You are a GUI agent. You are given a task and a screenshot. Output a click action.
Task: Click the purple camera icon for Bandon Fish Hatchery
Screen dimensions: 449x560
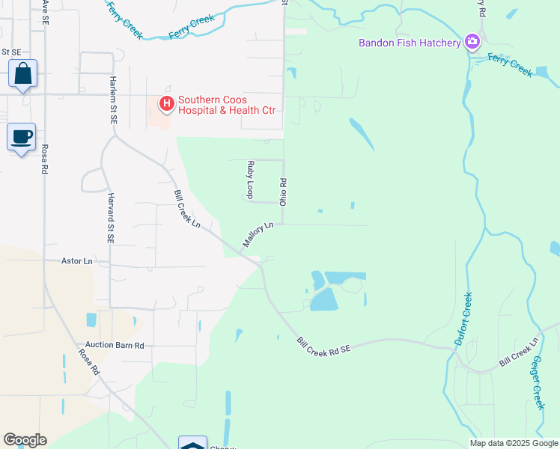pyautogui.click(x=472, y=42)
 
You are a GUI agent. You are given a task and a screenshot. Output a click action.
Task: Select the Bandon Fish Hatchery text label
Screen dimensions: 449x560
pyautogui.click(x=410, y=43)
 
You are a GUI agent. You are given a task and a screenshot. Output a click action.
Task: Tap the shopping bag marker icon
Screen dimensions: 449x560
pyautogui.click(x=22, y=74)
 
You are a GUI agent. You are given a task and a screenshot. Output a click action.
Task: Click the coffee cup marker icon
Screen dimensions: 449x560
pyautogui.click(x=22, y=137)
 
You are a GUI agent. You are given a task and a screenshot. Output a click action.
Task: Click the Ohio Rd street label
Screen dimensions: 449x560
pyautogui.click(x=283, y=192)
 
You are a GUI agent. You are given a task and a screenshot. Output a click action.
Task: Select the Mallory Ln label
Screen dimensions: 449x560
pyautogui.click(x=258, y=234)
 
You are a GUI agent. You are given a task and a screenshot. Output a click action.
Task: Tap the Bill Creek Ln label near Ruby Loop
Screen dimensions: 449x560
pyautogui.click(x=187, y=209)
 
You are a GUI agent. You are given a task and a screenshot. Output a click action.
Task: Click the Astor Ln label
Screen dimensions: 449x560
pyautogui.click(x=77, y=261)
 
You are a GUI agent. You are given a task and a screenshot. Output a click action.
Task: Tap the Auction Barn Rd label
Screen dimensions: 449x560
pyautogui.click(x=114, y=346)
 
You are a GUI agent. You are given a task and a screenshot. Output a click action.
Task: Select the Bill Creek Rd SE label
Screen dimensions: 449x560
pyautogui.click(x=323, y=345)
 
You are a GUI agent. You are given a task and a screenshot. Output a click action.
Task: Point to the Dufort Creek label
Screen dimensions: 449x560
pyautogui.click(x=463, y=319)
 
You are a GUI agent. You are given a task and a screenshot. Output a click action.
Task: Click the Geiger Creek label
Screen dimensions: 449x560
pyautogui.click(x=537, y=382)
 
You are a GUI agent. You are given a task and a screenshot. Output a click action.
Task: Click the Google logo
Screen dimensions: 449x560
pyautogui.click(x=25, y=440)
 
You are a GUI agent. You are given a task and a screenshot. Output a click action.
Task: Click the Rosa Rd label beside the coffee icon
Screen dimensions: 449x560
pyautogui.click(x=44, y=158)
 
